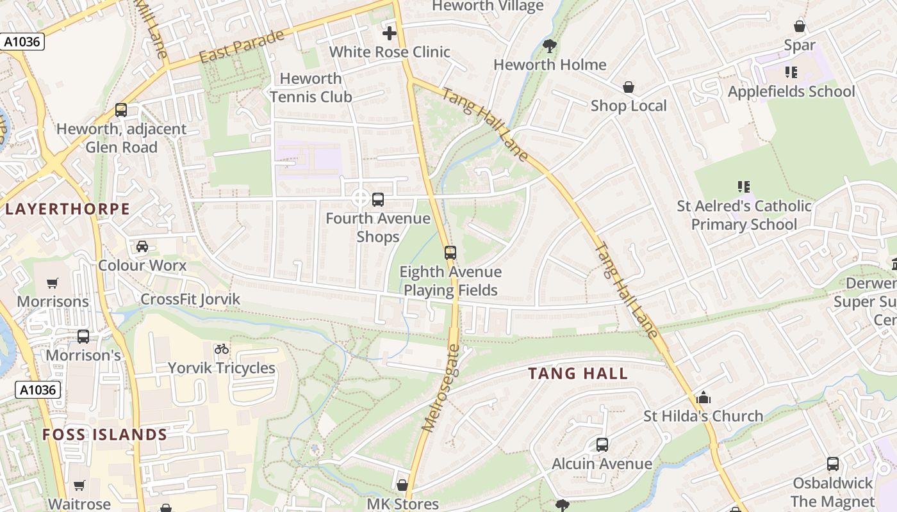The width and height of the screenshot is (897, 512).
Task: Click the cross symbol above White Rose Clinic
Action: pos(390,33)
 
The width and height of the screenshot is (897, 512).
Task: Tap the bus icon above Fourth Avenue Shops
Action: pos(378,199)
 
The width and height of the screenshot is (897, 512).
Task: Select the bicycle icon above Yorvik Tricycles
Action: pos(222,349)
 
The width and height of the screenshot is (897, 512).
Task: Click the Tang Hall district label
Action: pos(578,374)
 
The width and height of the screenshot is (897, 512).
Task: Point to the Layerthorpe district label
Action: pos(67,209)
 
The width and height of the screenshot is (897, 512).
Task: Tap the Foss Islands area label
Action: pos(104,435)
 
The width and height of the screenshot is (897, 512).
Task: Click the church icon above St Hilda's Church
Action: pos(703,397)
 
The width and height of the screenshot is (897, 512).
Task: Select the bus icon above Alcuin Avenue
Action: pos(602,445)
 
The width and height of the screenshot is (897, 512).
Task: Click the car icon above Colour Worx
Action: pos(142,246)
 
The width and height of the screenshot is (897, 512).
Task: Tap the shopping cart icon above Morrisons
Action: pos(53,283)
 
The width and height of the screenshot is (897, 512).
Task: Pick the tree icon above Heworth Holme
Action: pos(549,45)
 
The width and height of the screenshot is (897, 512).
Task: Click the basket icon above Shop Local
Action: pos(629,87)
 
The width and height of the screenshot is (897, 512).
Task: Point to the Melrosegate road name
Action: pos(441,388)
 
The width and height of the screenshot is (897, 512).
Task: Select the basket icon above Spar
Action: pos(799,26)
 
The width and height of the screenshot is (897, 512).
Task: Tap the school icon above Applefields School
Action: pos(791,72)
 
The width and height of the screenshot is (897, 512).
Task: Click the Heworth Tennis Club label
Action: pos(311,88)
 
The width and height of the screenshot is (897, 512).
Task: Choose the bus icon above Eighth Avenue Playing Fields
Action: pos(450,253)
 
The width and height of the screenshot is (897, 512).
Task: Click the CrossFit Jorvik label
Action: pos(190,299)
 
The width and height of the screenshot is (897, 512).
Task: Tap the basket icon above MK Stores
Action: pos(402,486)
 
